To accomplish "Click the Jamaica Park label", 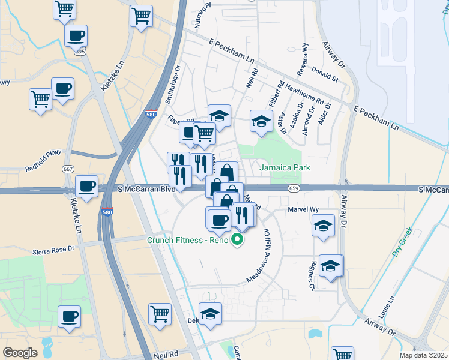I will coord(285,167).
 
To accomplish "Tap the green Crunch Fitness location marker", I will coord(238,241).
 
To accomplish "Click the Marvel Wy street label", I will coord(303,209).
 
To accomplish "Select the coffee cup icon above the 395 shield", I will coord(76,36).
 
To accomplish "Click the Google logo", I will coord(20,353).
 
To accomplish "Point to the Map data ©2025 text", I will coord(423,355).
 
